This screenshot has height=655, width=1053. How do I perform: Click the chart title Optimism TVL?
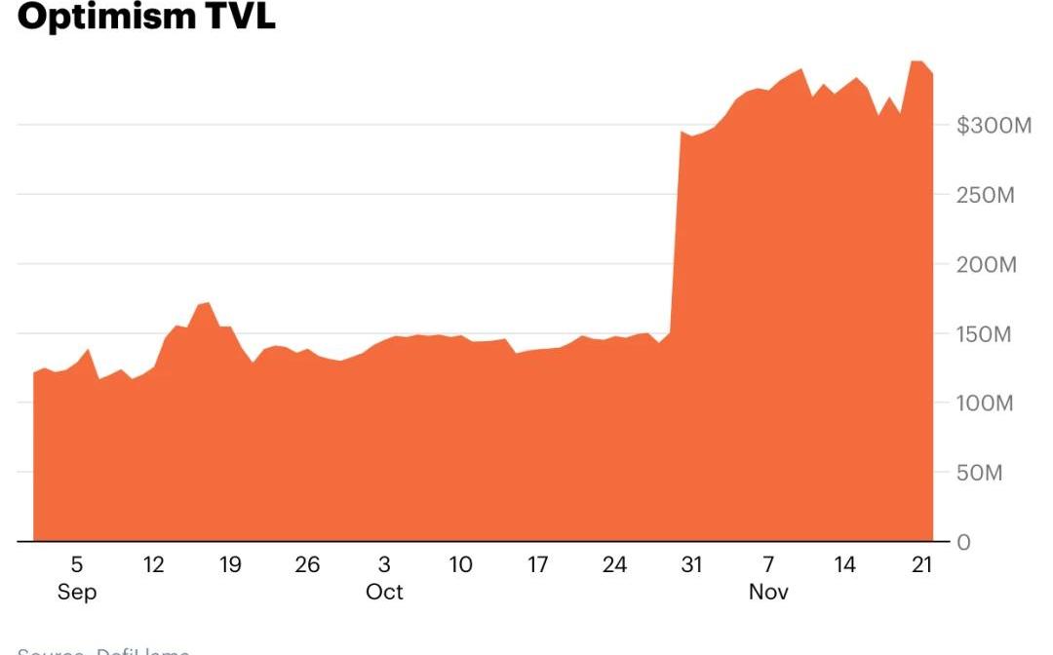[x=146, y=16]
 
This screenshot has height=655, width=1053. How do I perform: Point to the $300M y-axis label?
[x=993, y=126]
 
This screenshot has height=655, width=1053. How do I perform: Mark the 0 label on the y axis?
[x=963, y=543]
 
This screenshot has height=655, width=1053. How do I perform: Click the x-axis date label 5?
[x=77, y=564]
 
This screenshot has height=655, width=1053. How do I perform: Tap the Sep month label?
[x=77, y=593]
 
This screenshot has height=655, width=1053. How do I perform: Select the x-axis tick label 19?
[x=230, y=564]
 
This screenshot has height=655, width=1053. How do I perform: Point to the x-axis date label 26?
[x=307, y=564]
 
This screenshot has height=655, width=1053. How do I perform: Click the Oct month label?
[x=384, y=593]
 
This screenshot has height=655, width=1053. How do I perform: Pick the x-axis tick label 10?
[x=460, y=564]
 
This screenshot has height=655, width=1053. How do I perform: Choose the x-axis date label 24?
[x=614, y=564]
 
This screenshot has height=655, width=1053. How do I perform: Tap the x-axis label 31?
[x=691, y=564]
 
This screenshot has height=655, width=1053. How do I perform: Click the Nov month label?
[x=768, y=593]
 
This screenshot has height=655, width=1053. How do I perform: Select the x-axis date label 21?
[x=921, y=564]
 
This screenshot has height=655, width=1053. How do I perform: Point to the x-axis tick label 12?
[x=153, y=564]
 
